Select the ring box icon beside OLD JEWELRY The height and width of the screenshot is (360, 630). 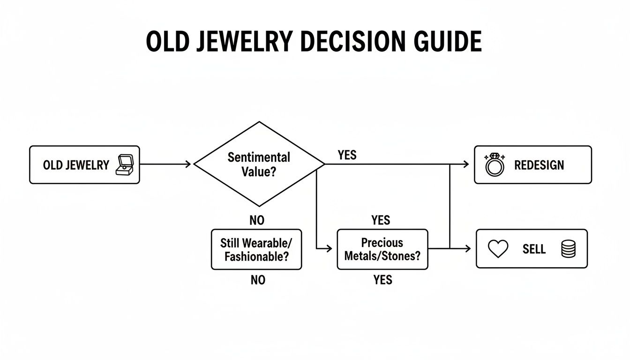pyautogui.click(x=125, y=165)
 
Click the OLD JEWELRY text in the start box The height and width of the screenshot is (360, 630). pyautogui.click(x=76, y=165)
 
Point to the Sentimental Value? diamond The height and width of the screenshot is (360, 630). pyautogui.click(x=259, y=164)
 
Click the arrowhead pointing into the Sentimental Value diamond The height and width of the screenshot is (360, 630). pyautogui.click(x=188, y=164)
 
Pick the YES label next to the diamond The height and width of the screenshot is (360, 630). pyautogui.click(x=347, y=155)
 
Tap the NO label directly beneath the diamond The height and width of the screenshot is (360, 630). pyautogui.click(x=257, y=220)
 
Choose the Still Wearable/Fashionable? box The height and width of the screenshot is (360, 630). pyautogui.click(x=256, y=249)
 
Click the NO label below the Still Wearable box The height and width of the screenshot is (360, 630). pyautogui.click(x=258, y=280)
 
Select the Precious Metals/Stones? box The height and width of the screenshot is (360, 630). pyautogui.click(x=382, y=249)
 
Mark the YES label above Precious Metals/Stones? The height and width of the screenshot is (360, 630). pyautogui.click(x=381, y=220)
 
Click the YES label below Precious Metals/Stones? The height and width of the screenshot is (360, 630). pyautogui.click(x=383, y=280)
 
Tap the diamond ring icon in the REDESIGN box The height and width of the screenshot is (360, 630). pyautogui.click(x=495, y=165)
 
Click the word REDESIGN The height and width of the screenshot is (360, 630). pyautogui.click(x=539, y=165)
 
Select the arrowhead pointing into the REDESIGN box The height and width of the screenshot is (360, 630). pyautogui.click(x=466, y=164)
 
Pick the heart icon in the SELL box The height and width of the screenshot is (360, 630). pyautogui.click(x=498, y=249)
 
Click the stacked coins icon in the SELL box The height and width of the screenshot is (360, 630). pyautogui.click(x=568, y=249)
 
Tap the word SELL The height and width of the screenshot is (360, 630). pyautogui.click(x=534, y=249)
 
